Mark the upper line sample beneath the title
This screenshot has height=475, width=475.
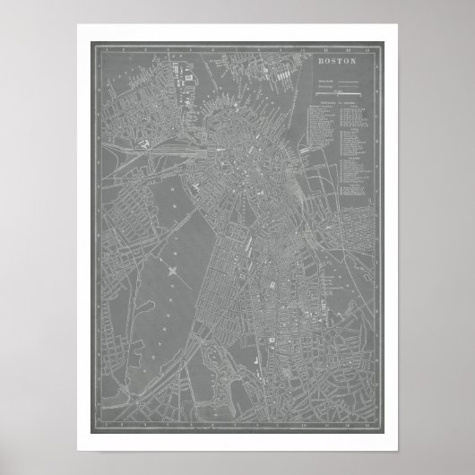coord(340,82)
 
